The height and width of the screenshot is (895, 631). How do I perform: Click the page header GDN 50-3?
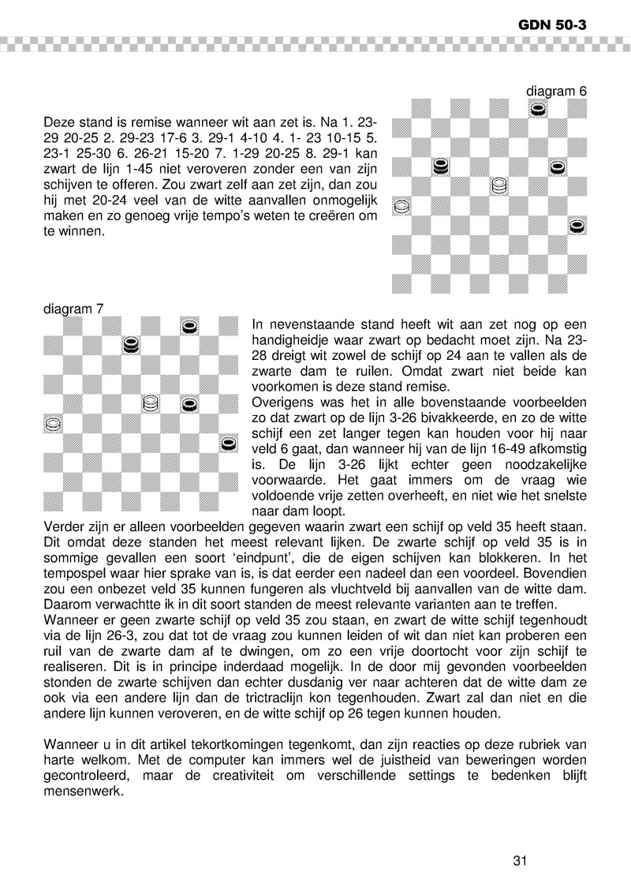(x=556, y=25)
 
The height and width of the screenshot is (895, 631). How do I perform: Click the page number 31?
(x=519, y=860)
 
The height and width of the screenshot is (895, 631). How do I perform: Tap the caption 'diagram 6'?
(x=557, y=92)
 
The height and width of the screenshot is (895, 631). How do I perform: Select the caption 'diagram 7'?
(x=73, y=309)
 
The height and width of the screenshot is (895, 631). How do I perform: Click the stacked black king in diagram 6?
(x=442, y=167)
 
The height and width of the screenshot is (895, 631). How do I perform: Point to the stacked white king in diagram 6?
(x=498, y=186)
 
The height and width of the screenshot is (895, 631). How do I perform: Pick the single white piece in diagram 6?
(x=401, y=206)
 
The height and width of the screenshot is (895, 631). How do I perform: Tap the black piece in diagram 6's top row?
(x=538, y=108)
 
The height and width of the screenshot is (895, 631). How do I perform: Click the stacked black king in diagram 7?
(x=132, y=345)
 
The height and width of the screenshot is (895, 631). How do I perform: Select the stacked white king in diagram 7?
(x=151, y=404)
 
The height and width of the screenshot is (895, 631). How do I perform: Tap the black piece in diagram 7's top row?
(x=189, y=326)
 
